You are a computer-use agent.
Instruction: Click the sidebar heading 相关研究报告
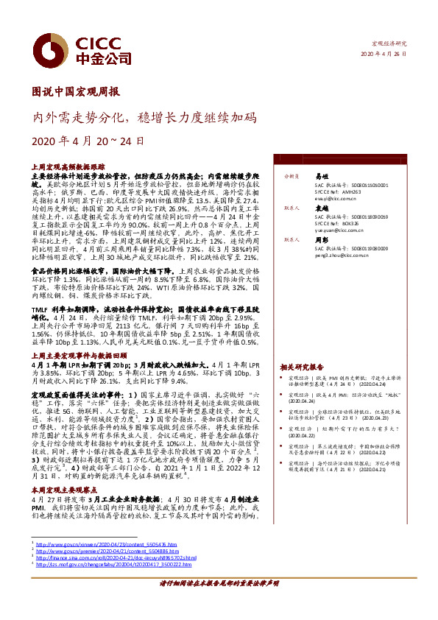click(302, 367)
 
